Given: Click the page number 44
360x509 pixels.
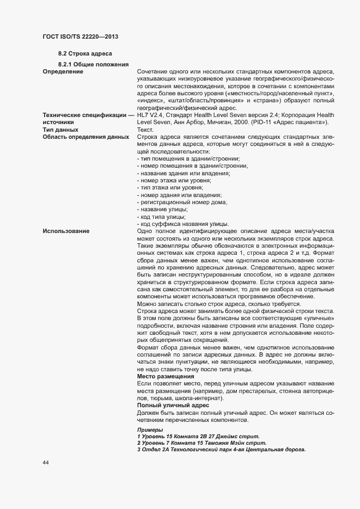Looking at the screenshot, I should pos(46,463).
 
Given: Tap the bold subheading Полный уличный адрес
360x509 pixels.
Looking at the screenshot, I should pos(173,404).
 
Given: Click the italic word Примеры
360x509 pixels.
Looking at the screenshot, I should pos(150,430).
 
